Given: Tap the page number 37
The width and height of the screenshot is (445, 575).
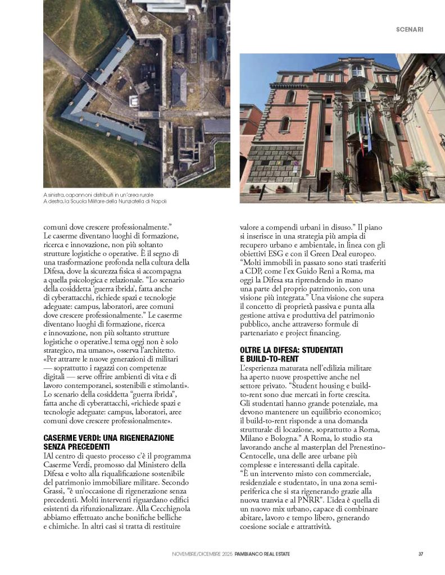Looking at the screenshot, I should tap(420, 554).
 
